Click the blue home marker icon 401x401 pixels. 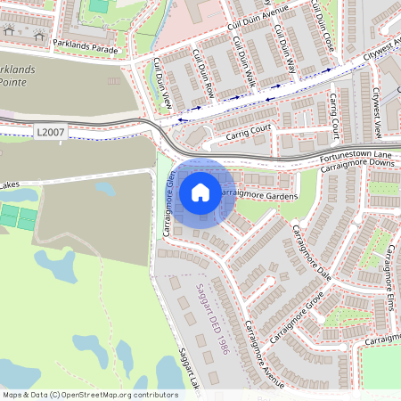click(x=200, y=192)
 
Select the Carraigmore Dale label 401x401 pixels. click(x=313, y=253)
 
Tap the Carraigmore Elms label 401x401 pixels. click(x=390, y=267)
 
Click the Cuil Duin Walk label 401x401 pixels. click(x=241, y=62)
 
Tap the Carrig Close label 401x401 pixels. click(x=335, y=116)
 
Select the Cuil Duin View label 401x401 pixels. click(x=160, y=85)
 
